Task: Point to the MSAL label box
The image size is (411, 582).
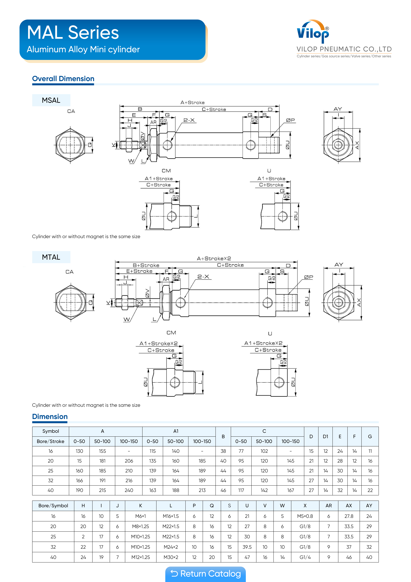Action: coord(51,100)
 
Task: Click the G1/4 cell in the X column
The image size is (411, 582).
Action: coord(305,557)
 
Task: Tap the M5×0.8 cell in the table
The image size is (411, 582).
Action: coord(305,516)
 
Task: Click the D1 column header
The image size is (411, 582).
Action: coord(325,437)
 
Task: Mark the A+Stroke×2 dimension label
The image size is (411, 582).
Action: coord(214,259)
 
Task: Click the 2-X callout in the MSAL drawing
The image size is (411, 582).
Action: coord(189,120)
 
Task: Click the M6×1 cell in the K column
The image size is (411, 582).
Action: coord(140,516)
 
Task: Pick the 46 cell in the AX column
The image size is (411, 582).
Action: coord(349,557)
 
